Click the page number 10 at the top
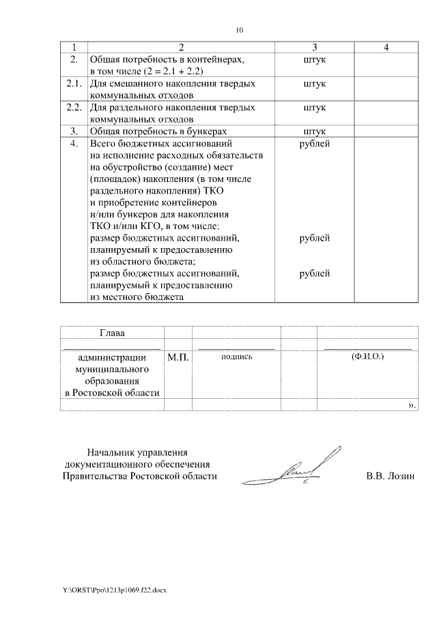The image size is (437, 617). [x=239, y=30]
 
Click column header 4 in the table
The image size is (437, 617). [x=386, y=48]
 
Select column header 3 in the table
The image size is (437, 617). [x=315, y=48]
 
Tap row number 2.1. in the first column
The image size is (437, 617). [x=74, y=84]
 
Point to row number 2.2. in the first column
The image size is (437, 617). [x=74, y=108]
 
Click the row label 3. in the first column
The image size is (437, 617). [x=74, y=131]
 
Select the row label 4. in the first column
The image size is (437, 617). [x=74, y=144]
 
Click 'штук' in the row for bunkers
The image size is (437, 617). [x=315, y=131]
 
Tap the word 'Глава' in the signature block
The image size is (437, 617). [x=113, y=333]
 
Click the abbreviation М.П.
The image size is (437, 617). [x=178, y=357]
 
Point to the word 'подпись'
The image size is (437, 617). [x=237, y=357]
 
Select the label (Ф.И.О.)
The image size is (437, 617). [x=367, y=357]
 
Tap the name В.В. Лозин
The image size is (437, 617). [x=390, y=477]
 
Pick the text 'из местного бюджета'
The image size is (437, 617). [x=137, y=297]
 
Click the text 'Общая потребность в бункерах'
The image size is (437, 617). [x=158, y=131]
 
